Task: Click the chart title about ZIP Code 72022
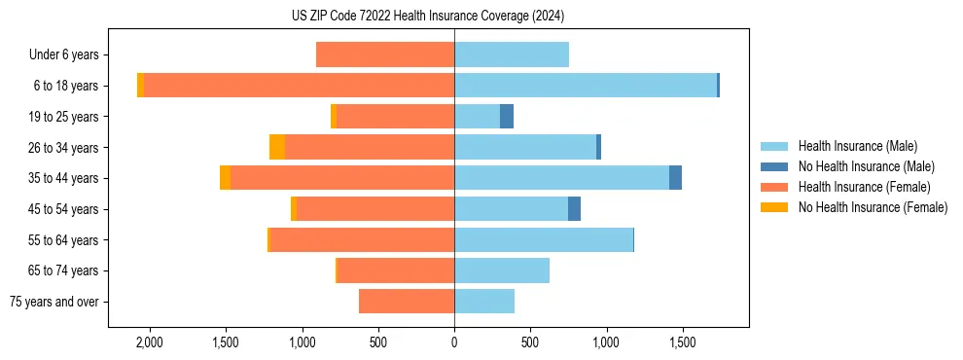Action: click(x=427, y=17)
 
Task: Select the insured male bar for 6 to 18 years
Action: click(x=585, y=86)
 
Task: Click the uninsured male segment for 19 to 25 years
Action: click(x=507, y=117)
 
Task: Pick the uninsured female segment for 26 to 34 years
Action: click(x=277, y=148)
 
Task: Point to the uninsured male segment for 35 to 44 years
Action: click(x=675, y=178)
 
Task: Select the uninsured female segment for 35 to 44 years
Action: click(x=226, y=178)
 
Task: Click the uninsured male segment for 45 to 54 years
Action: click(x=574, y=209)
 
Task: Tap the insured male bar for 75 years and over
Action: click(x=484, y=302)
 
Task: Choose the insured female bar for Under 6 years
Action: click(x=385, y=55)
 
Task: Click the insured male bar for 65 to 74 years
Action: click(x=502, y=270)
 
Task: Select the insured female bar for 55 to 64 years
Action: click(x=362, y=240)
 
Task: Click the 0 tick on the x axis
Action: click(x=454, y=343)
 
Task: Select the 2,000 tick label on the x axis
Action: click(x=150, y=343)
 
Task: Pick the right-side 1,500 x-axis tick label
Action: click(x=682, y=343)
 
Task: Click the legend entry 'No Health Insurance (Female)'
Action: click(x=872, y=207)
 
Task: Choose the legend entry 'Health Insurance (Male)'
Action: click(x=857, y=146)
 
